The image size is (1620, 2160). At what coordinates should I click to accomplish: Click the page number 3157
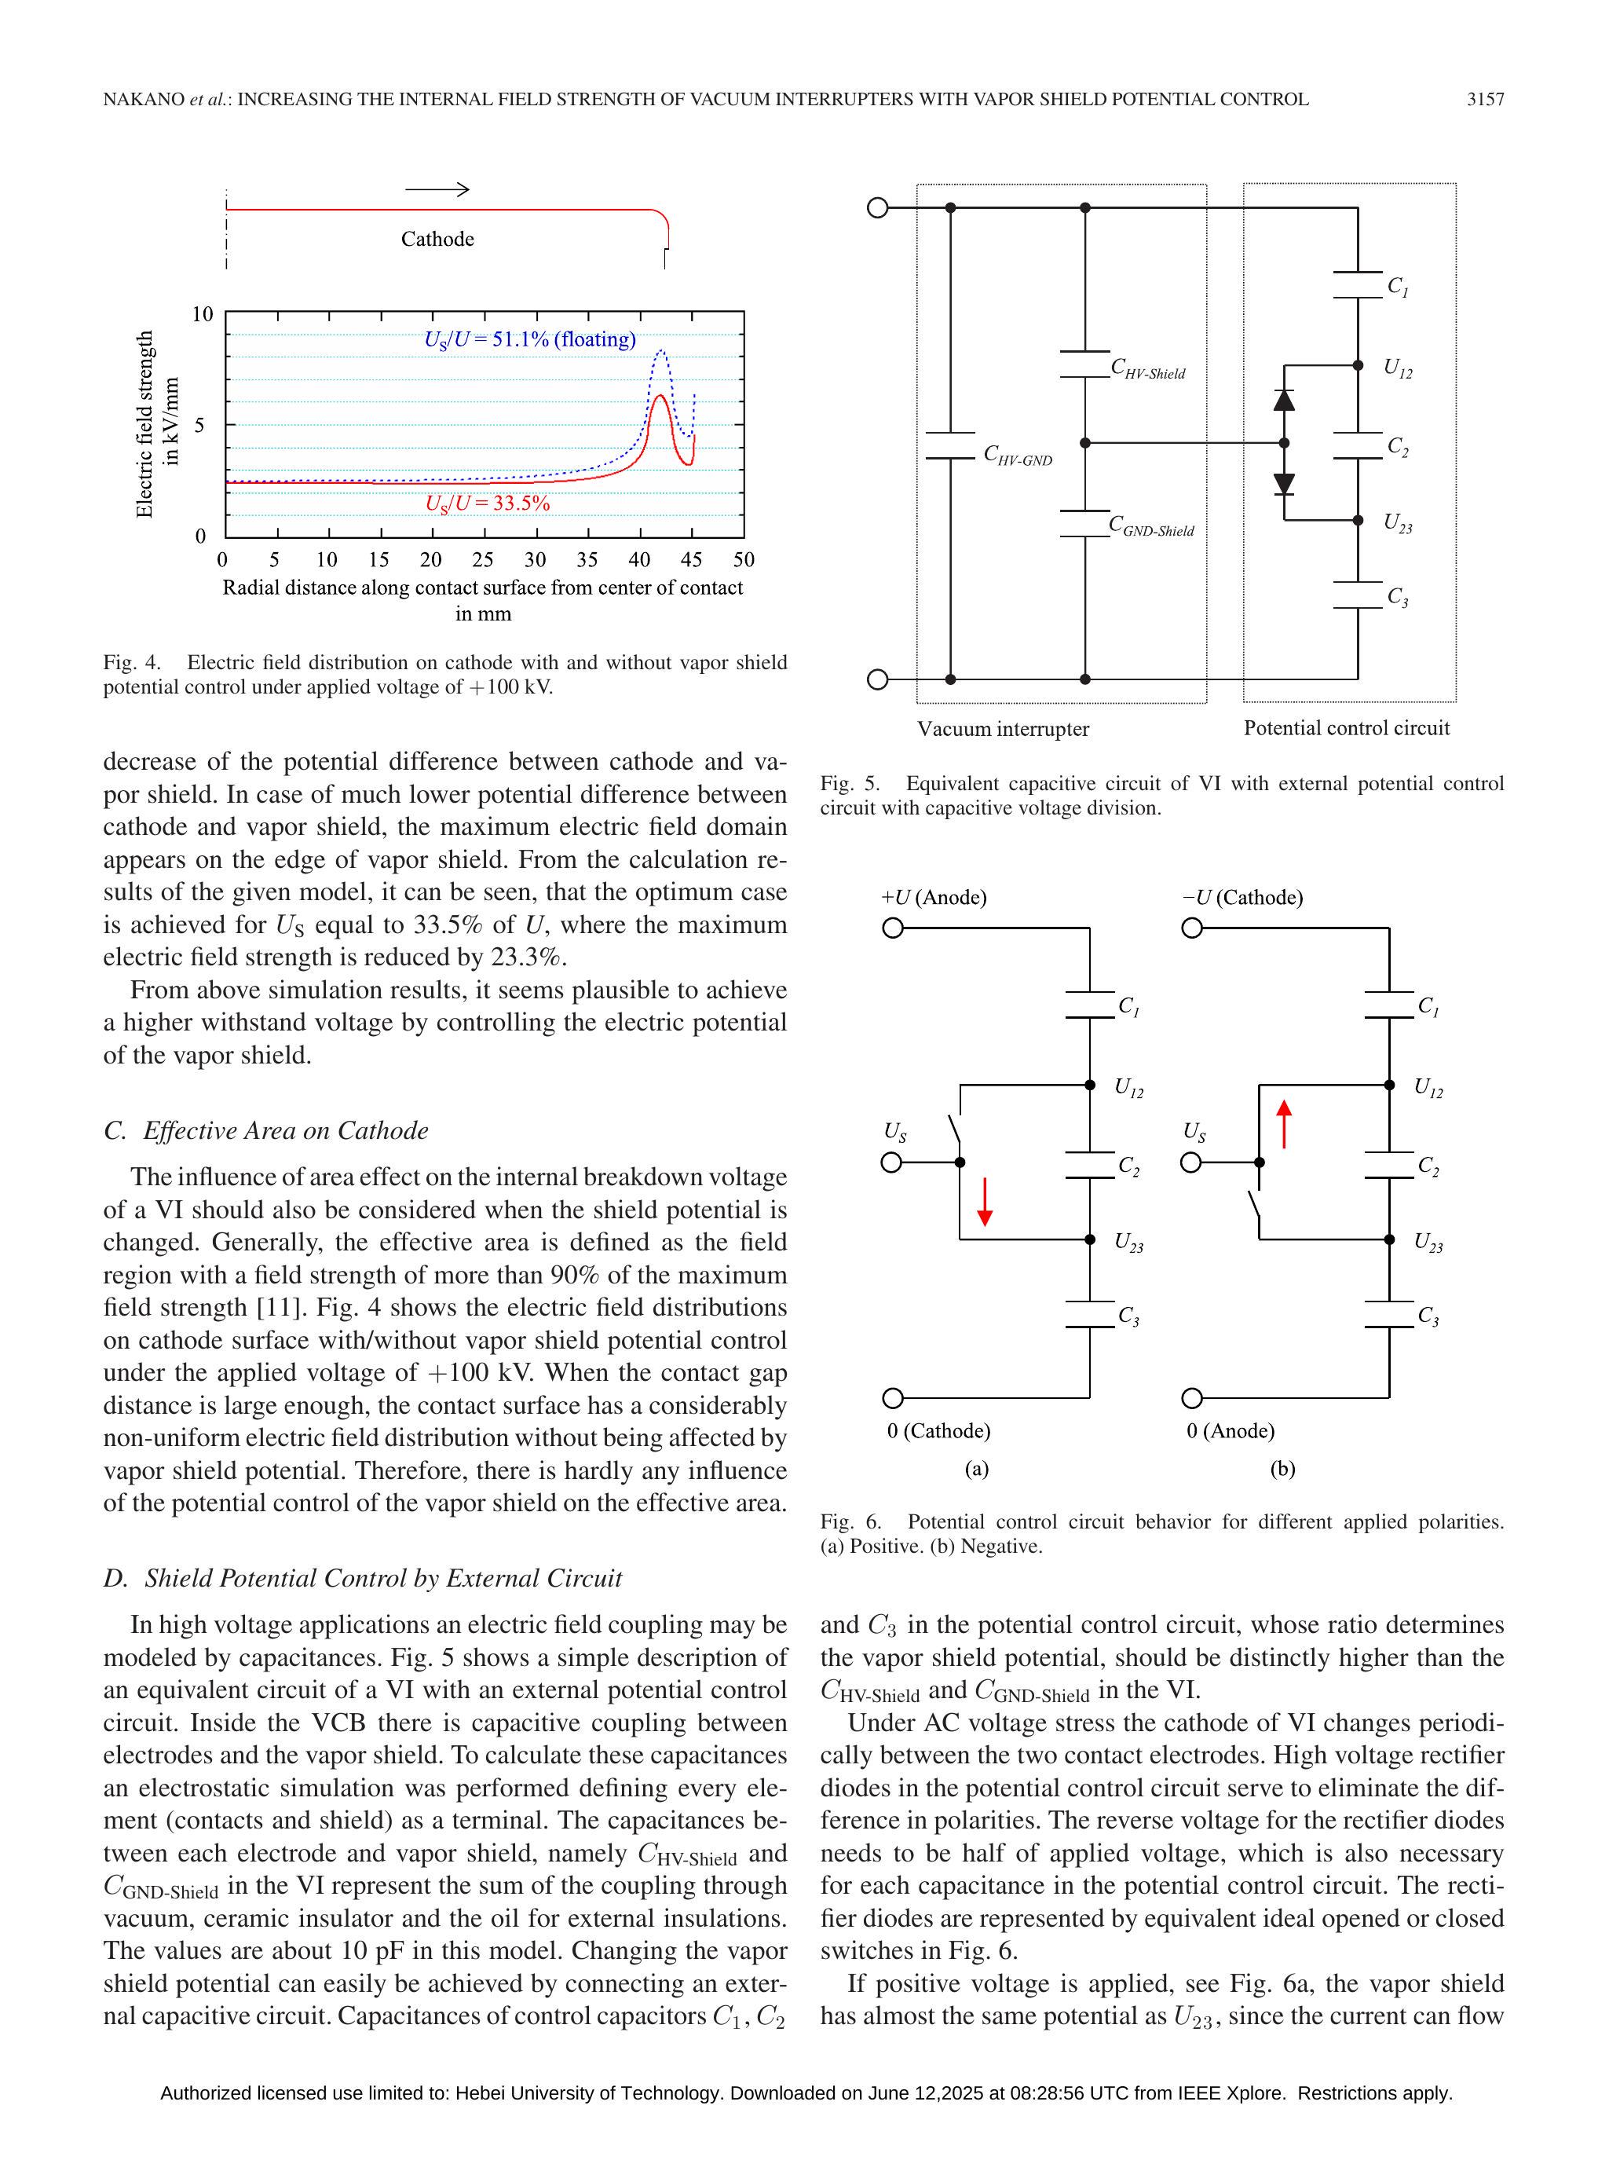(x=1484, y=99)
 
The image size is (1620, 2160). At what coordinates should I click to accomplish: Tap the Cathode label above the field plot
(x=437, y=240)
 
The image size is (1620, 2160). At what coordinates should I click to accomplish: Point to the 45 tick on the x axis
(x=691, y=559)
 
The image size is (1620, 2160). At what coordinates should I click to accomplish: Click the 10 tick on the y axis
(x=202, y=314)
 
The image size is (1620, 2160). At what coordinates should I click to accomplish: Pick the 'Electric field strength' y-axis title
(x=144, y=424)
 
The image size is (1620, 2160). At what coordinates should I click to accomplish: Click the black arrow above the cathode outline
(x=437, y=189)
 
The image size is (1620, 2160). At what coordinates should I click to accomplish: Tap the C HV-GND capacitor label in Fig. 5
(x=1018, y=455)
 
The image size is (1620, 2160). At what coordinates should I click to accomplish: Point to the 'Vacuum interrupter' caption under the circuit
(x=1003, y=728)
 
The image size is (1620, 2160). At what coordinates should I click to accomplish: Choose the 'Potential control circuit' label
(x=1347, y=727)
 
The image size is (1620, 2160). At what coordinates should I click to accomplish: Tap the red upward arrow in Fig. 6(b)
(x=1284, y=1124)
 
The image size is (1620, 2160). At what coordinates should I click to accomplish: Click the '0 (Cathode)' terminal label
(x=938, y=1430)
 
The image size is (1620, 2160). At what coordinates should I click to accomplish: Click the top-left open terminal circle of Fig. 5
(x=878, y=208)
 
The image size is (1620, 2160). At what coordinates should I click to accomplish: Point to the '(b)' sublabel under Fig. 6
(x=1282, y=1469)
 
